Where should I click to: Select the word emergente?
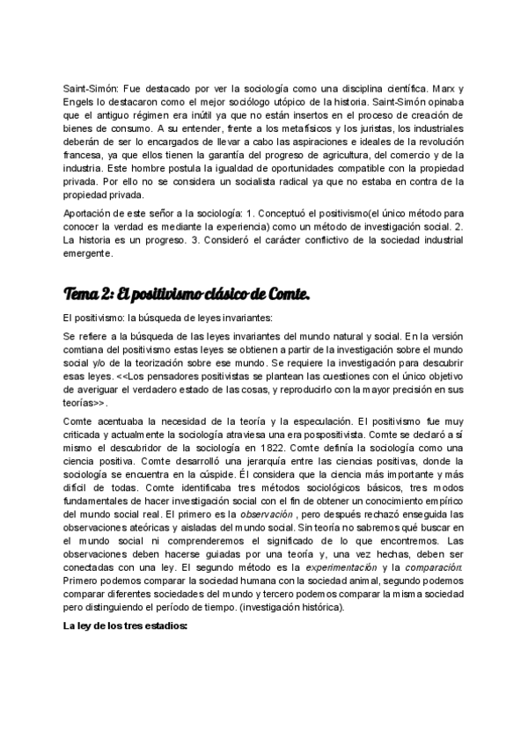pyautogui.click(x=89, y=253)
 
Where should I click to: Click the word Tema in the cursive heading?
pyautogui.click(x=83, y=293)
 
